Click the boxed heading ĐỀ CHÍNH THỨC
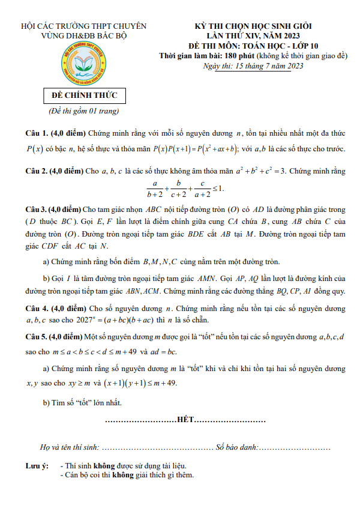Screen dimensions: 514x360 (84, 96)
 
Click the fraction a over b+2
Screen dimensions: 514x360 (155, 189)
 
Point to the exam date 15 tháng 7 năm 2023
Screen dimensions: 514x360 (269, 65)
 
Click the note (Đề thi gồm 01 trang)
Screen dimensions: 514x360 (83, 111)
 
